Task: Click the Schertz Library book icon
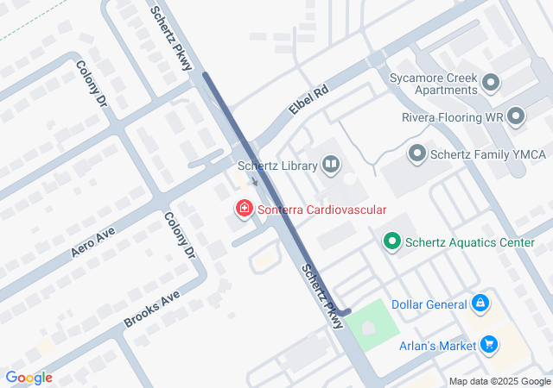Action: (331, 164)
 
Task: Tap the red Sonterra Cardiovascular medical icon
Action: (245, 209)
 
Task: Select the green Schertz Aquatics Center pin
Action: (392, 242)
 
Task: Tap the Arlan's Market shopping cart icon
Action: (490, 345)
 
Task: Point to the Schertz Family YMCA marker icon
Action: (417, 154)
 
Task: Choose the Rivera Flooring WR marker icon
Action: (517, 116)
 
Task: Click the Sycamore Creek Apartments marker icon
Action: (491, 83)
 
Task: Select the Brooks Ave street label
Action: (151, 308)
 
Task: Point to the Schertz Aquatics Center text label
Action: (471, 242)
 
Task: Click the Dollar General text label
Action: (429, 304)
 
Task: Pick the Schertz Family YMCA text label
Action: (489, 154)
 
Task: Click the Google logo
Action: (29, 378)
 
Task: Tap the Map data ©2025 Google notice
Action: (499, 381)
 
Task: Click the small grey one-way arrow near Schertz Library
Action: (254, 181)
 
